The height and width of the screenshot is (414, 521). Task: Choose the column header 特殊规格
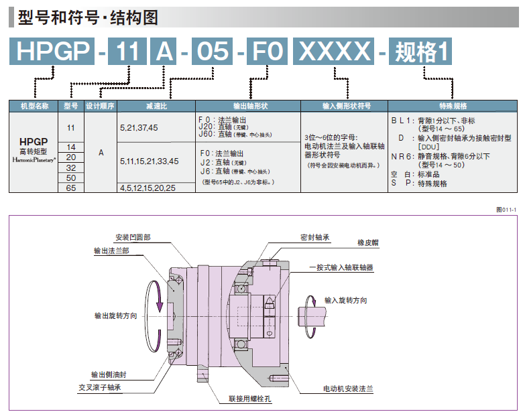453,106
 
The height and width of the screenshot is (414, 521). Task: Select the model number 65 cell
71,188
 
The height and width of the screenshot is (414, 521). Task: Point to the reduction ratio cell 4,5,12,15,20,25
148,188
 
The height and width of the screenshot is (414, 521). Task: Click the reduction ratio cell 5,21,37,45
139,127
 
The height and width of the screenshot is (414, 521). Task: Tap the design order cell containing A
101,152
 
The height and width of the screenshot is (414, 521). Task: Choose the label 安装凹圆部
133,237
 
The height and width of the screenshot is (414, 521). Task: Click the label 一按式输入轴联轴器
341,267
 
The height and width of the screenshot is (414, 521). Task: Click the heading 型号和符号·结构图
89,17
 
